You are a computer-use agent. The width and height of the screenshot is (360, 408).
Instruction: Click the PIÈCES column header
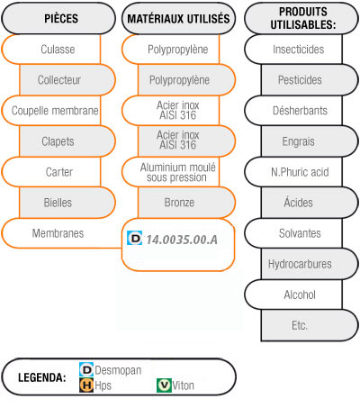58,18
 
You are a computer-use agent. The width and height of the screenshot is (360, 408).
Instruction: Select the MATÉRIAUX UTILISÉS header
178,18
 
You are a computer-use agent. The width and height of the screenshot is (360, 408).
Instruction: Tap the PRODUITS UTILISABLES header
301,18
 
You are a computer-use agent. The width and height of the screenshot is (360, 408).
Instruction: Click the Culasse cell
51,50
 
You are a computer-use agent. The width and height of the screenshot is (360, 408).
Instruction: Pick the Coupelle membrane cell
51,111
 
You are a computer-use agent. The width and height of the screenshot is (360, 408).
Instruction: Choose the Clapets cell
67,141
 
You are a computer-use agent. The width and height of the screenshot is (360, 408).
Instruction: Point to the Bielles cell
67,203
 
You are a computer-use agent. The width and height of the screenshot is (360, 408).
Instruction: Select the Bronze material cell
186,203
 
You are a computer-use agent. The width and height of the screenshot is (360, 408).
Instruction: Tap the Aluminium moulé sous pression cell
171,172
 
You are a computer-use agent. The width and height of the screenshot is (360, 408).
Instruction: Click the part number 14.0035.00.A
182,240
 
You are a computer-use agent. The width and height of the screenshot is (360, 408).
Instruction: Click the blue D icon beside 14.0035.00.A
134,238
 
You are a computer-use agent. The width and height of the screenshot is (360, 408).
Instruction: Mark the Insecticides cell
293,50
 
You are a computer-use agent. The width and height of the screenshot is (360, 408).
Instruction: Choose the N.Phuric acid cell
293,172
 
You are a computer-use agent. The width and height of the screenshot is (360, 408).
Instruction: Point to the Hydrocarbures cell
310,264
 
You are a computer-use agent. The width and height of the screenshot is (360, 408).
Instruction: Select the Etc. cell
310,325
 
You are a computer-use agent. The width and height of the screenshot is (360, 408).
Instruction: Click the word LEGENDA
42,377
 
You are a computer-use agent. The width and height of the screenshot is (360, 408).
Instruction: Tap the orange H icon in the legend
86,385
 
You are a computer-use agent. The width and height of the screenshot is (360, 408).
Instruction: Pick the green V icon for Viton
164,385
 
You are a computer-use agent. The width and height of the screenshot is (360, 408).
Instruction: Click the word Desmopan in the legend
118,370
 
